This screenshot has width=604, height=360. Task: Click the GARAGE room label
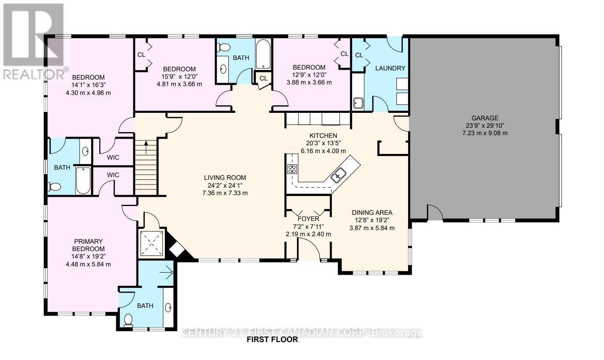pyautogui.click(x=485, y=118)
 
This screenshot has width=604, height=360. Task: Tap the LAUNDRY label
pyautogui.click(x=391, y=68)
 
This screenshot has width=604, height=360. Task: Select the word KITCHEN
pyautogui.click(x=323, y=136)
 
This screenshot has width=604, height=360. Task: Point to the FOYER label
pyautogui.click(x=308, y=219)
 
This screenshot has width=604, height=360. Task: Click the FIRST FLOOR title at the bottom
pyautogui.click(x=272, y=339)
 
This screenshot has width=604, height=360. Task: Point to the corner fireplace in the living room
pyautogui.click(x=177, y=249)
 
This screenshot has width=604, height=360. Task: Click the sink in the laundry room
pyautogui.click(x=358, y=103)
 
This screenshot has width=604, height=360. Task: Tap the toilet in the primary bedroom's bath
pyautogui.click(x=128, y=321)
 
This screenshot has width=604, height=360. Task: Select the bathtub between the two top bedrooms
pyautogui.click(x=263, y=55)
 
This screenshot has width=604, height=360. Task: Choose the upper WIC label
pyautogui.click(x=113, y=157)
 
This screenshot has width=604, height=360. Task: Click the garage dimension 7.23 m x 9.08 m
pyautogui.click(x=485, y=133)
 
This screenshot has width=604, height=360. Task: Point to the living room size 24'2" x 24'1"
pyautogui.click(x=225, y=185)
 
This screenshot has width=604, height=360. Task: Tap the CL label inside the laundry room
pyautogui.click(x=359, y=55)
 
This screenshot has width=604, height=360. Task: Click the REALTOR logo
pyautogui.click(x=34, y=42)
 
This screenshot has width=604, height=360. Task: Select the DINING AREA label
pyautogui.click(x=372, y=213)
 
